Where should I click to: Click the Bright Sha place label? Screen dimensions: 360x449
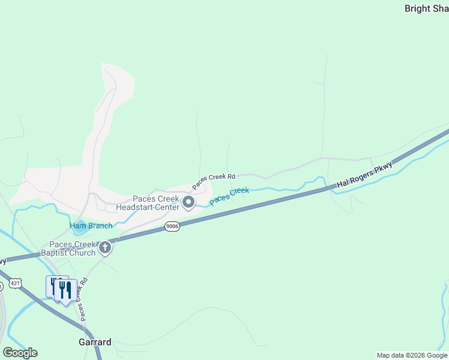426,8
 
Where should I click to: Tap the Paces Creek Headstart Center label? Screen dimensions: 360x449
156,203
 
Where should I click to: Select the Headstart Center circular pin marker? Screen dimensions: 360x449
188,203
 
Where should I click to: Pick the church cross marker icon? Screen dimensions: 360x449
105,247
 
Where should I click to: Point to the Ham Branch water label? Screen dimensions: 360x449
91,226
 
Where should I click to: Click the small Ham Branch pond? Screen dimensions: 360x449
79,227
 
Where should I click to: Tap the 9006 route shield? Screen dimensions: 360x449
172,226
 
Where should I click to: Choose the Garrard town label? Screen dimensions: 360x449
95,342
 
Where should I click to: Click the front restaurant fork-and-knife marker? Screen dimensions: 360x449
64,290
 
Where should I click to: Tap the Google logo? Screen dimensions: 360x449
20,353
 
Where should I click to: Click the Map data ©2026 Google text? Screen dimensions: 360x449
412,355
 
